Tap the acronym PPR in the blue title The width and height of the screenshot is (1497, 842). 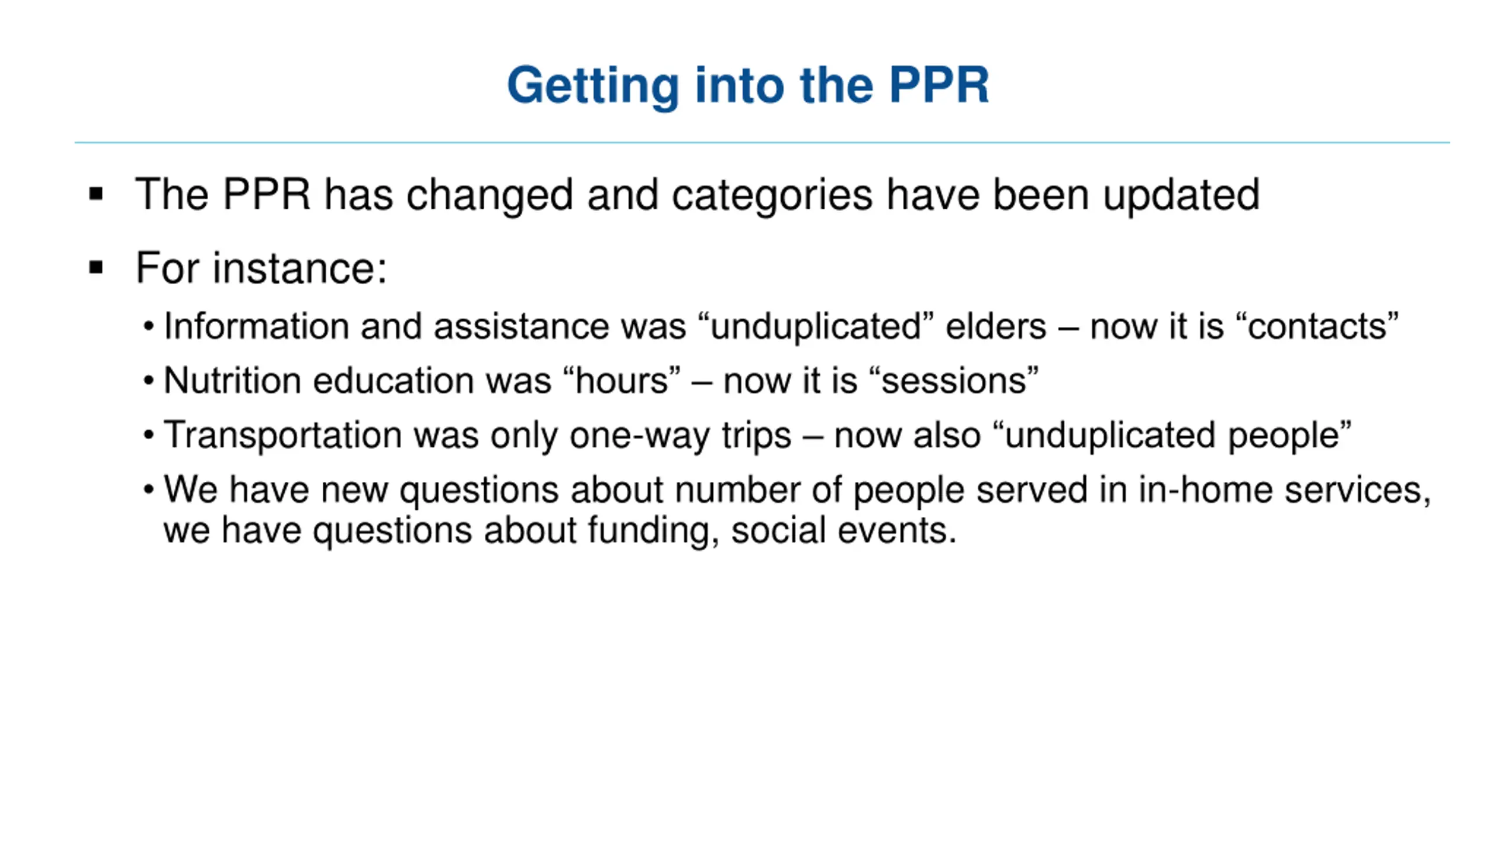pyautogui.click(x=939, y=85)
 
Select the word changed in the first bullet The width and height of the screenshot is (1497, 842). pyautogui.click(x=489, y=195)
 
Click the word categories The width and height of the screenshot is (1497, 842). pyautogui.click(x=772, y=195)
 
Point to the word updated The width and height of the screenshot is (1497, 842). pyautogui.click(x=1181, y=195)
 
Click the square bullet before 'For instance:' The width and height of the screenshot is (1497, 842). pyautogui.click(x=96, y=268)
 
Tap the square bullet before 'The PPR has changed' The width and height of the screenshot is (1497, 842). pyautogui.click(x=96, y=194)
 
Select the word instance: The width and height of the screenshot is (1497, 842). pyautogui.click(x=299, y=268)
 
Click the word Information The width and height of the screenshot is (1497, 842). pyautogui.click(x=257, y=326)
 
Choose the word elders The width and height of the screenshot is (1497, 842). pyautogui.click(x=996, y=326)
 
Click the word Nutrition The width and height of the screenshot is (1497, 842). pyautogui.click(x=232, y=381)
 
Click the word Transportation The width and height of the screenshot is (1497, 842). pyautogui.click(x=283, y=436)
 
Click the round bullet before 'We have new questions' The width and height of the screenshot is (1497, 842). pyautogui.click(x=149, y=489)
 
